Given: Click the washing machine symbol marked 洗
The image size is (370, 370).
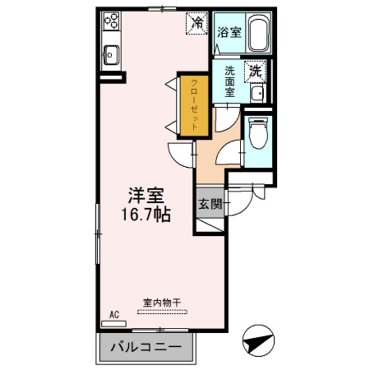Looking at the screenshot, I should pos(255,71).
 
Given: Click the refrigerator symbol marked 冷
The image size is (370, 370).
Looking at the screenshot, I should pos(197,23).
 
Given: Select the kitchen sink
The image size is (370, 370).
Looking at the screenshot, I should pos(110,56).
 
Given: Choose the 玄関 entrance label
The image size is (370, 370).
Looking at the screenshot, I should pos(209,203).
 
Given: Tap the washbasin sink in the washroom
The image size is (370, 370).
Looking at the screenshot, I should pos(257,93).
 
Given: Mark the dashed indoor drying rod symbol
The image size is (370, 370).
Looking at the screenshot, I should pos(162,312).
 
